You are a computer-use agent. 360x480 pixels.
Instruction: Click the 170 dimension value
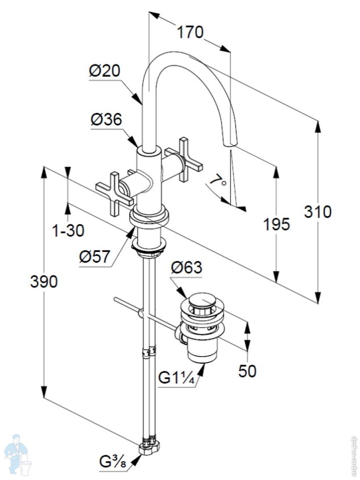[x=190, y=32]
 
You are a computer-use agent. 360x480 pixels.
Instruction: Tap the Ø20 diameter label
[x=104, y=71]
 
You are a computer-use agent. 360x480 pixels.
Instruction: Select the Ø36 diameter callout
[x=106, y=119]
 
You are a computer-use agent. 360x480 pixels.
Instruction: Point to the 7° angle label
[x=218, y=182]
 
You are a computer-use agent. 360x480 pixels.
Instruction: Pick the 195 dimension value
[x=276, y=224]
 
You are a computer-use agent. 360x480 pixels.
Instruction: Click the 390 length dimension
[x=44, y=282]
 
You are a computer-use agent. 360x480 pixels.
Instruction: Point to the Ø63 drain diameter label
[x=186, y=267]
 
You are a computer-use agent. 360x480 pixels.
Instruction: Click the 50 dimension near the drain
[x=247, y=371]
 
